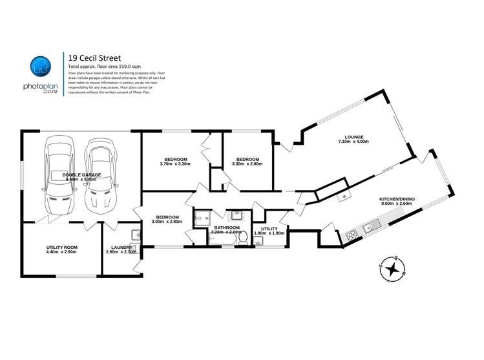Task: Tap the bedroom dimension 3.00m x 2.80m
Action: (167, 222)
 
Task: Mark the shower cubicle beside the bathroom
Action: (201, 217)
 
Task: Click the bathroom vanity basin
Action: (237, 214)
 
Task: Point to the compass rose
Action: (392, 269)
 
